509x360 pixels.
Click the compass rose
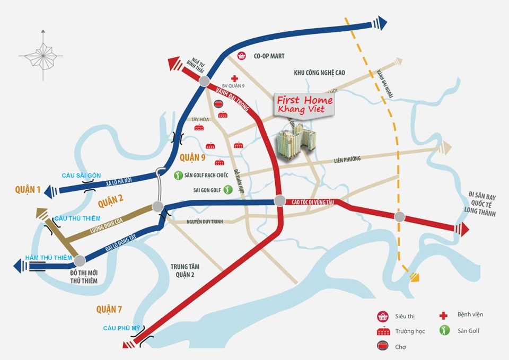click(x=41, y=55)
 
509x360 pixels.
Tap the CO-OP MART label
click(x=269, y=56)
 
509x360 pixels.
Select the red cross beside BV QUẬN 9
click(x=234, y=78)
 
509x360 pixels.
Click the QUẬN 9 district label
click(x=192, y=157)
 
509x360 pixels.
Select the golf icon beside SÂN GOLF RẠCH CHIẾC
click(x=179, y=175)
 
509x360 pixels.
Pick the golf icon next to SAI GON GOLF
click(x=228, y=189)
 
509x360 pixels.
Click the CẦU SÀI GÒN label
click(x=81, y=175)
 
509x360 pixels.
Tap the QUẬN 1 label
click(x=28, y=190)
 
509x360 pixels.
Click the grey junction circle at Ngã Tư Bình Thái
click(x=205, y=81)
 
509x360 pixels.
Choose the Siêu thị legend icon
click(x=381, y=317)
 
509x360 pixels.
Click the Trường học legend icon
click(x=381, y=331)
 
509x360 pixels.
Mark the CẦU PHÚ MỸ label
click(x=121, y=328)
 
